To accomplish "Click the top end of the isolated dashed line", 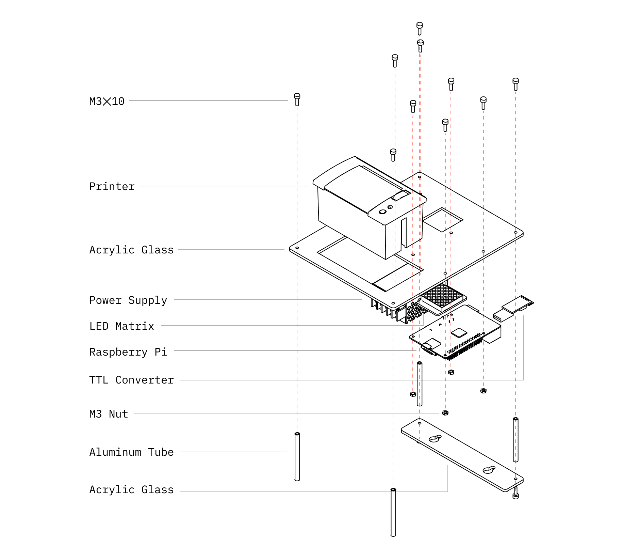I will [x=297, y=108].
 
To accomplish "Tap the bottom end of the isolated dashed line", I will [x=297, y=432].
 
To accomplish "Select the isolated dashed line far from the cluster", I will [x=297, y=272].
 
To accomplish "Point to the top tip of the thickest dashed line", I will [x=420, y=35].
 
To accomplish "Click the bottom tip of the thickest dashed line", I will [x=420, y=439].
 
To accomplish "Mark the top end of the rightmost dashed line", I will [x=515, y=92].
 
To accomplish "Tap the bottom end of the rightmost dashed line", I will [x=515, y=495].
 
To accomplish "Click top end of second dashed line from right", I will [x=484, y=111].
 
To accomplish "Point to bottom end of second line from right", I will [x=484, y=390].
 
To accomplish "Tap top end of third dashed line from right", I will [x=451, y=92].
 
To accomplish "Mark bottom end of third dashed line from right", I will [x=451, y=372].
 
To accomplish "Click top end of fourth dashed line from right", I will [x=445, y=133].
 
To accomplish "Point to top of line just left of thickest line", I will [x=413, y=116].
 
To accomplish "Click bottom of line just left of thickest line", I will [x=413, y=396].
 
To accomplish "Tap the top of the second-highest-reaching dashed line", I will [x=395, y=68].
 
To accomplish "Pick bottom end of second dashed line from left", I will [x=393, y=490].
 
